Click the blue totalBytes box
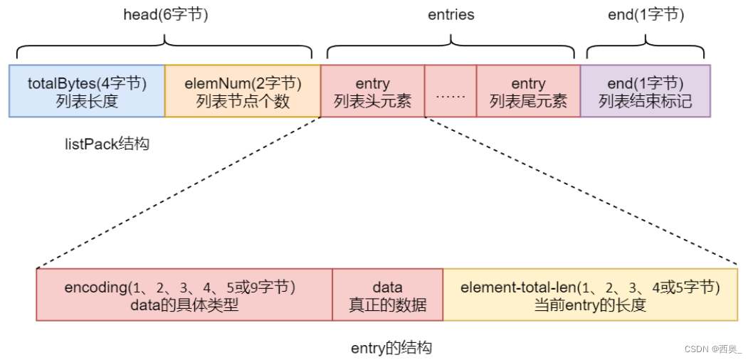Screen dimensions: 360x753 (x=87, y=91)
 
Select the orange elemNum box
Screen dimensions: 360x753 (x=243, y=91)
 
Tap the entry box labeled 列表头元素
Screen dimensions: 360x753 (x=372, y=91)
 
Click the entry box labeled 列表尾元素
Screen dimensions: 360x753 (x=528, y=91)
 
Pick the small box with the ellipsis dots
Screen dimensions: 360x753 (x=450, y=92)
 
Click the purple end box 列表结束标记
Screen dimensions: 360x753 (x=645, y=91)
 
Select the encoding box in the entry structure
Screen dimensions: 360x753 (x=184, y=295)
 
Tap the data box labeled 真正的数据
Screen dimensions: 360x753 (x=387, y=295)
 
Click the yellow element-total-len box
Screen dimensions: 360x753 (x=590, y=295)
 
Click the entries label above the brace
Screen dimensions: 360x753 (x=451, y=14)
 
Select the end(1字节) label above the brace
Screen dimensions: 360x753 (x=646, y=14)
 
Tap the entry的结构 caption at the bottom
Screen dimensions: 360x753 (x=391, y=348)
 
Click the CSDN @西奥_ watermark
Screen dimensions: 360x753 (x=712, y=349)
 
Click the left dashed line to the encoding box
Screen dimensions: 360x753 (x=178, y=193)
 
